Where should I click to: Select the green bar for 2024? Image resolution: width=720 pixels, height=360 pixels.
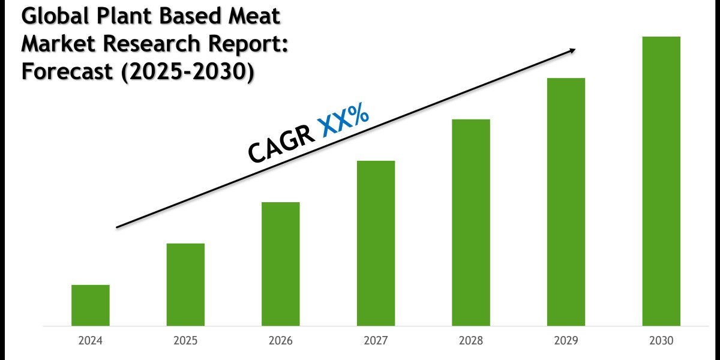coord(90,305)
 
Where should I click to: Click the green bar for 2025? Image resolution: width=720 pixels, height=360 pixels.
coord(185,284)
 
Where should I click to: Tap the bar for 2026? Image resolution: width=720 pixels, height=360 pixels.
coord(280,264)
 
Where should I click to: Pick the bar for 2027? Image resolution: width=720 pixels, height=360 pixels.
coord(376,243)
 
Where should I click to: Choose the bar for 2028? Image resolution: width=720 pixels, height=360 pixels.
coord(471,223)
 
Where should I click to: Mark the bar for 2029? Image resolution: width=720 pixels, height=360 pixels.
coord(566,202)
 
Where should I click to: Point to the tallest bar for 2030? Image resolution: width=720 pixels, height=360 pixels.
coord(661,181)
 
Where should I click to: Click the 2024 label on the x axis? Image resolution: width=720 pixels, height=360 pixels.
coord(90,341)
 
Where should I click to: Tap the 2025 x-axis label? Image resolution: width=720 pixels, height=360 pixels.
coord(185,341)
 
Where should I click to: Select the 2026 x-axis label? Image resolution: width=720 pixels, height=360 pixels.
coord(280,341)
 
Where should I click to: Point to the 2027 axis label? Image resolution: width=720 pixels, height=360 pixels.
coord(376,341)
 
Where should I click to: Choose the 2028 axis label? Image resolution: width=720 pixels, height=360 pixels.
coord(471,341)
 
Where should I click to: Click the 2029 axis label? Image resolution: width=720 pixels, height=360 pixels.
coord(566,341)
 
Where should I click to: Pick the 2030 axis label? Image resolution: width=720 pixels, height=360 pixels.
coord(661,341)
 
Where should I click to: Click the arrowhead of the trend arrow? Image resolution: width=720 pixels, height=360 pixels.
coord(571,50)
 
